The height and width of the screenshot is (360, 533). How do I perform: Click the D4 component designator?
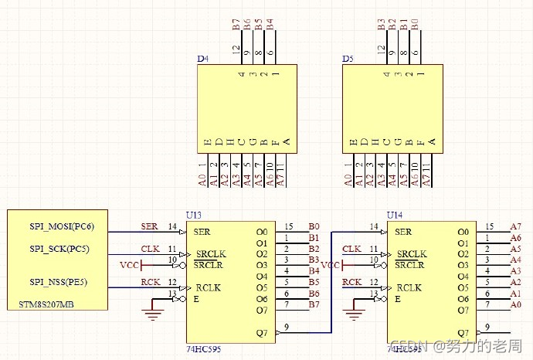(x=202, y=59)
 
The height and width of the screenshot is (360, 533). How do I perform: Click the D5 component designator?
(x=348, y=59)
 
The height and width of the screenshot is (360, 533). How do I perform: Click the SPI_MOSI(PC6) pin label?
(x=62, y=226)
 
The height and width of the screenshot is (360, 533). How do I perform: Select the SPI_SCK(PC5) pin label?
(x=59, y=249)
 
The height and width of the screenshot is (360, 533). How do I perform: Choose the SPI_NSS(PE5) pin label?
(x=59, y=282)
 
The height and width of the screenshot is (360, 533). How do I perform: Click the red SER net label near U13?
(x=149, y=226)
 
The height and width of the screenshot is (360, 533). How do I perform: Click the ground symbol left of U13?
(x=151, y=313)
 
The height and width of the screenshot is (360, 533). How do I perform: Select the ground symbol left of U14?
(x=352, y=313)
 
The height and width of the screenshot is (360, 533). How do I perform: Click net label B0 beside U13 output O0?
(x=314, y=226)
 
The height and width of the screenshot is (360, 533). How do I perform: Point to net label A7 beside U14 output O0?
(x=515, y=226)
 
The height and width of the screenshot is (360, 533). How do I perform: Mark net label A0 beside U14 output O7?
(x=515, y=304)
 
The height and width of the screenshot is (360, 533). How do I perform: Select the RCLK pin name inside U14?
(x=409, y=287)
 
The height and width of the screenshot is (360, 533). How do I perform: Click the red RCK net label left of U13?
(x=150, y=282)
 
